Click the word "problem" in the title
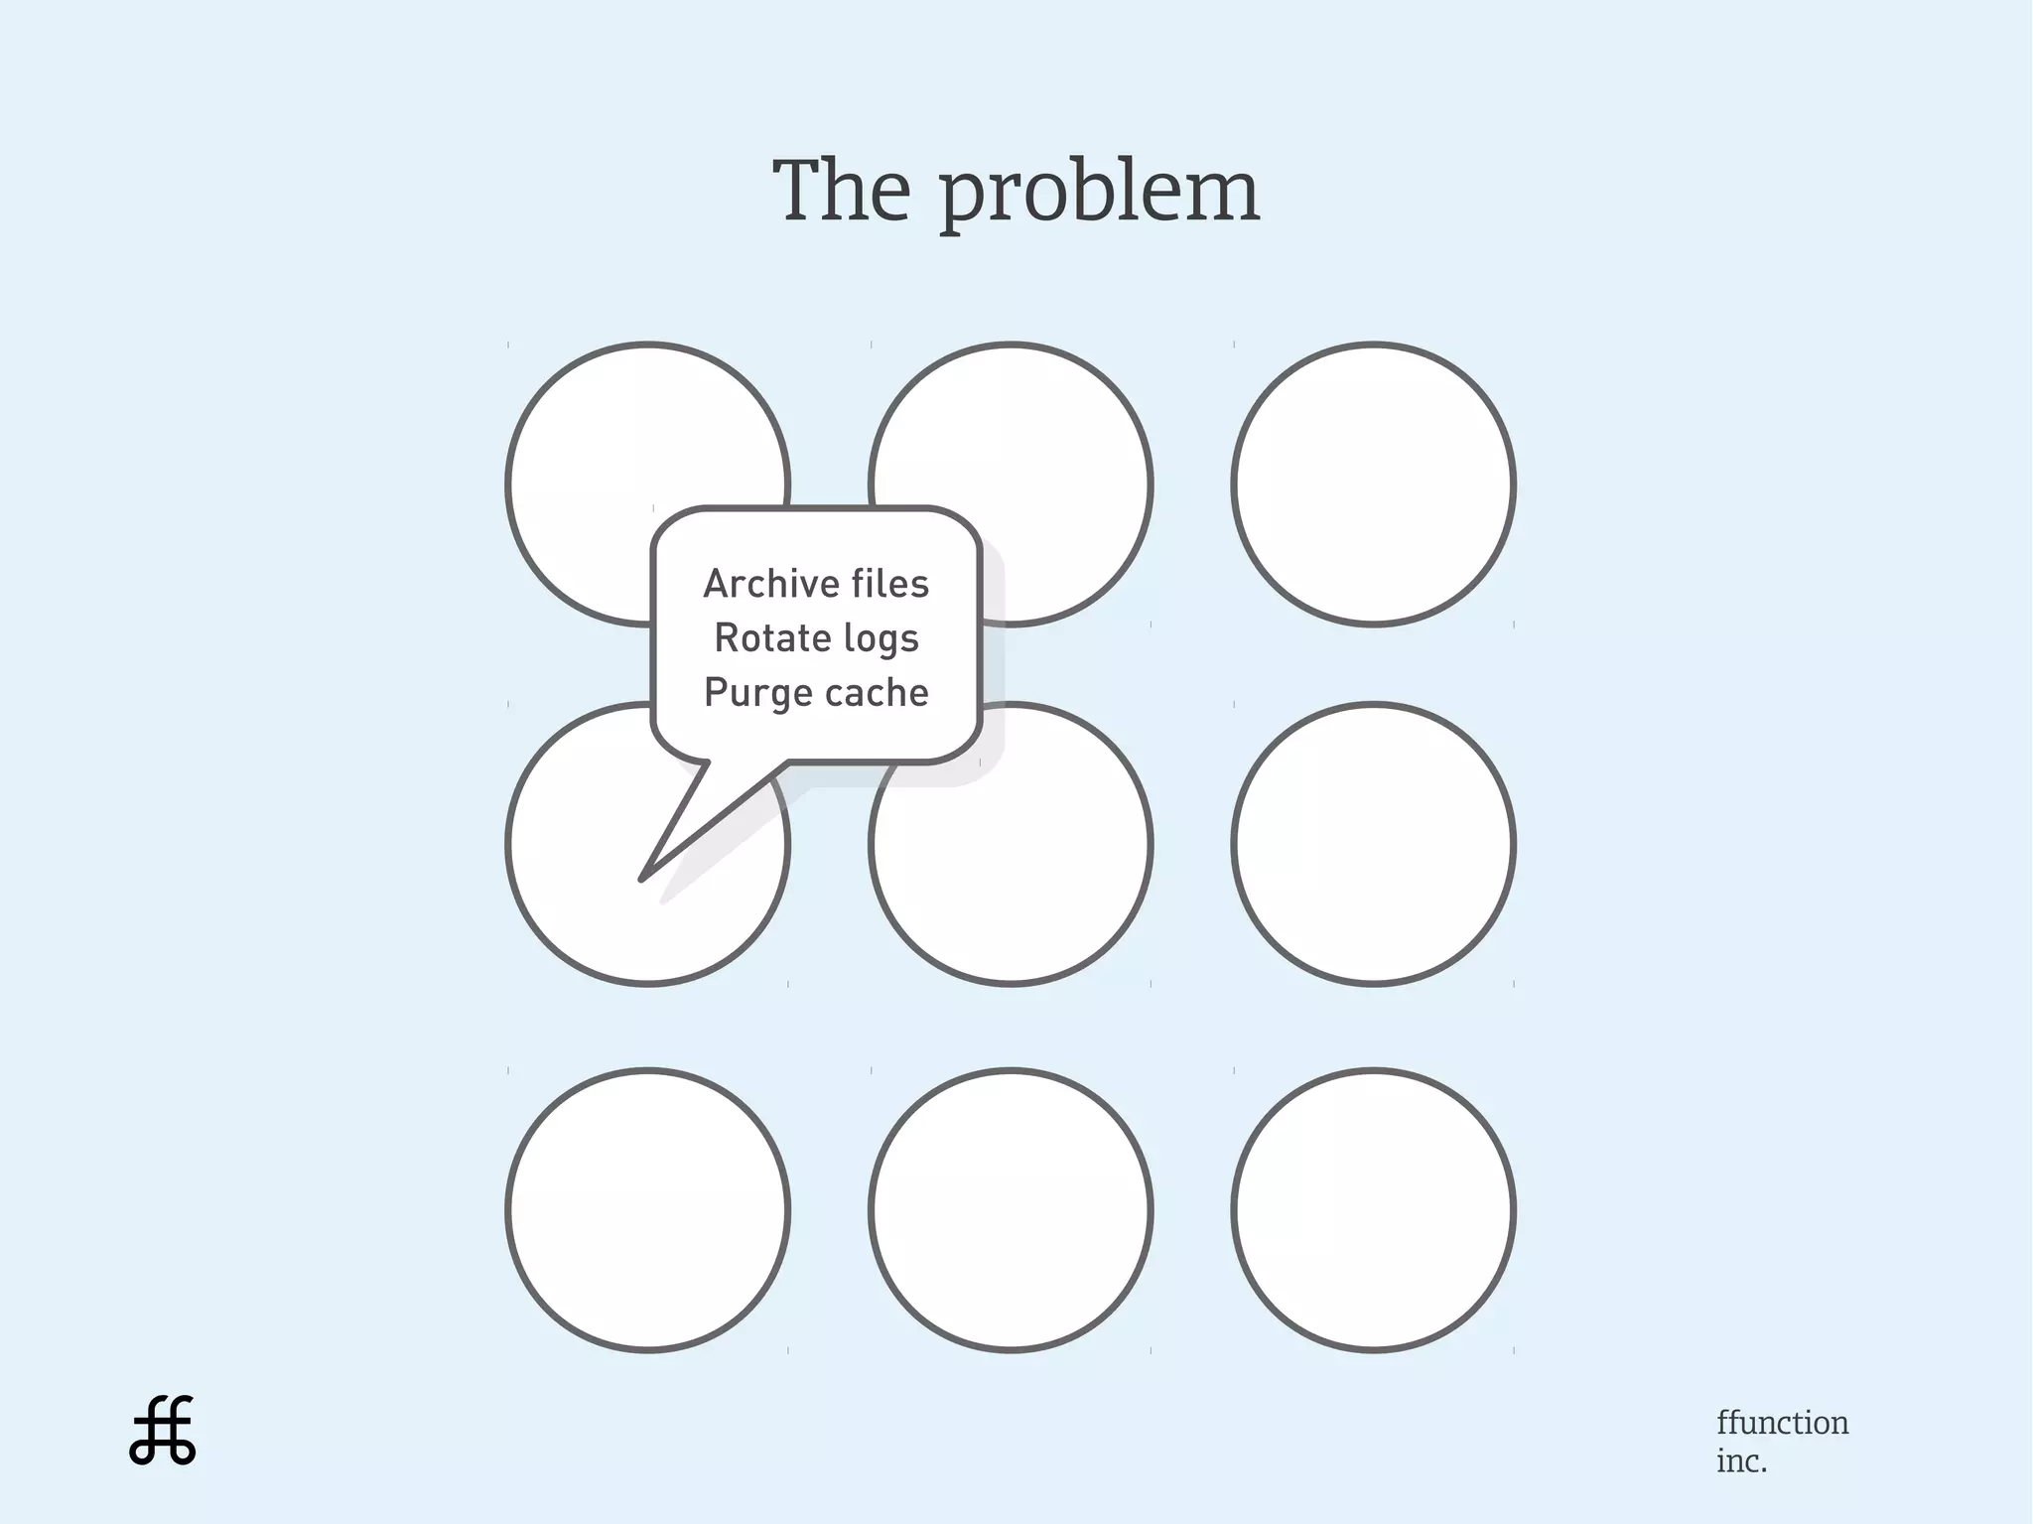coord(1100,195)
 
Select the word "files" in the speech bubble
coord(890,584)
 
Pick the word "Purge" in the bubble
coord(753,693)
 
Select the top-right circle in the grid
coord(1373,485)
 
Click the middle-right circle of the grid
coord(1373,844)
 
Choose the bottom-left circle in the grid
coord(647,1209)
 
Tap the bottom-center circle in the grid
coord(1011,1209)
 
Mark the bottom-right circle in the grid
coord(1373,1209)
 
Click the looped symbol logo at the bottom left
coord(163,1431)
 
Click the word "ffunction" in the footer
coord(1782,1423)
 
